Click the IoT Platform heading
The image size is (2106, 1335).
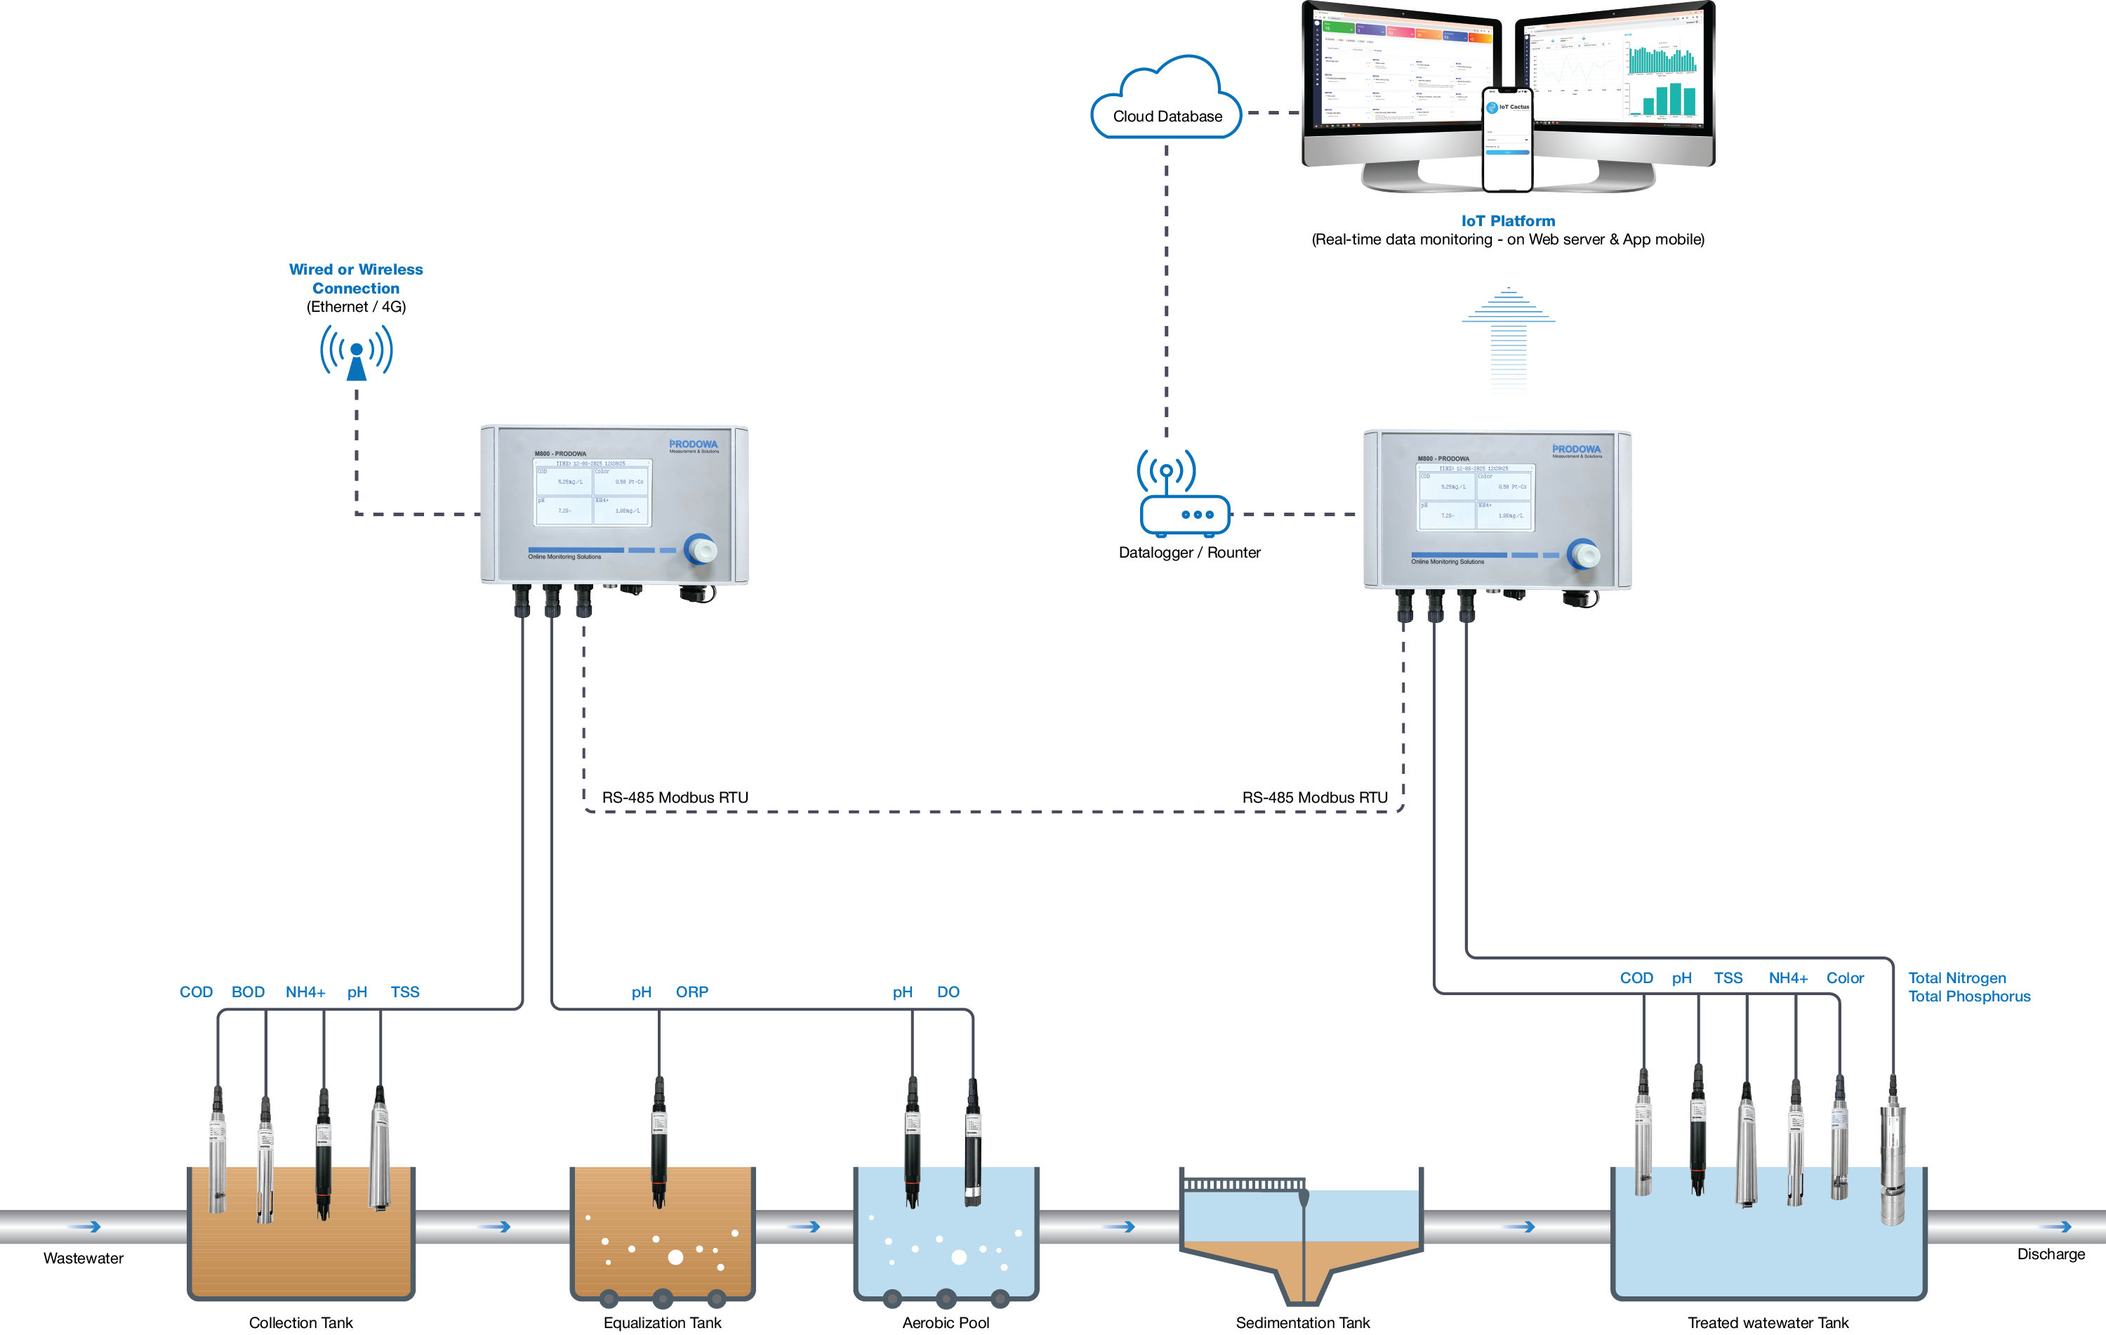(1508, 221)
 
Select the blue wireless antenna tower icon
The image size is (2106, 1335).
(356, 353)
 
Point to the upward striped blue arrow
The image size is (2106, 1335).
(1508, 337)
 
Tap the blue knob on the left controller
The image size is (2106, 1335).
(701, 549)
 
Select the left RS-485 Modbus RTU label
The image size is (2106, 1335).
(675, 798)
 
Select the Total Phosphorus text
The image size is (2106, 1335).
(1968, 997)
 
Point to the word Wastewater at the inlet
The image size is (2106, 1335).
(83, 1258)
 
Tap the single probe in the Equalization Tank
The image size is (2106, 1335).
(658, 1142)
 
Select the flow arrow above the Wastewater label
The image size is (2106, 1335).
(86, 1227)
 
